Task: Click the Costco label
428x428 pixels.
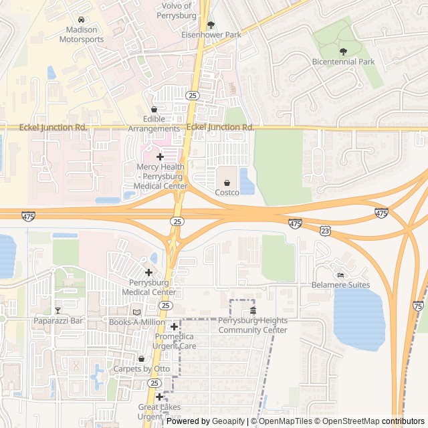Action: click(227, 193)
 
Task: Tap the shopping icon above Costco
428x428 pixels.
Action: click(227, 183)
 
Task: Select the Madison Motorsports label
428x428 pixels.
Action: click(82, 35)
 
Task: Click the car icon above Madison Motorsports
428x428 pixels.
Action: click(82, 20)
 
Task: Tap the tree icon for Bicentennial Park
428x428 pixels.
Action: click(343, 51)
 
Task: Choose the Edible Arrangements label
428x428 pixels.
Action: click(154, 124)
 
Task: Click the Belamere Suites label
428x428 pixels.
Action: click(340, 285)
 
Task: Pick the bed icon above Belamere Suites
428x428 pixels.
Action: click(340, 275)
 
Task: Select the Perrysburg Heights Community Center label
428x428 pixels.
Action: click(253, 326)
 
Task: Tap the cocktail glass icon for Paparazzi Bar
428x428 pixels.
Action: click(58, 310)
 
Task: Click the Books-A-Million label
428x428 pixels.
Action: click(136, 322)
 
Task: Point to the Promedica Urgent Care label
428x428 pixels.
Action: click(175, 341)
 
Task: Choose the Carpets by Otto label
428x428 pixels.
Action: click(141, 369)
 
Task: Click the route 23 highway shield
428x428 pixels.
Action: click(325, 229)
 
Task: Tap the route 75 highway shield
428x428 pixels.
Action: click(419, 305)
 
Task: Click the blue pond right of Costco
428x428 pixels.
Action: click(247, 181)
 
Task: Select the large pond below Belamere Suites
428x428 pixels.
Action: click(359, 318)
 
